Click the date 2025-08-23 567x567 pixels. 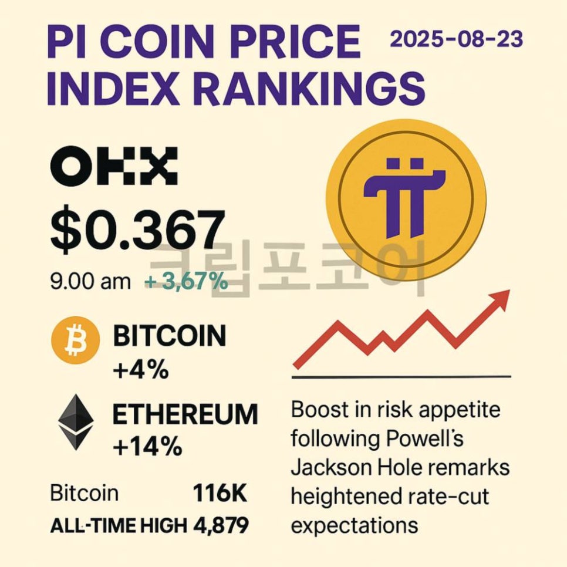(x=456, y=40)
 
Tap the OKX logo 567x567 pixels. (x=114, y=166)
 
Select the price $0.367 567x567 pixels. (x=137, y=230)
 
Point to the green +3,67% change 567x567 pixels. (x=187, y=282)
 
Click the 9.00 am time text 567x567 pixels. (x=91, y=282)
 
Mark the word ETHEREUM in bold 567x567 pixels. (x=185, y=414)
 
